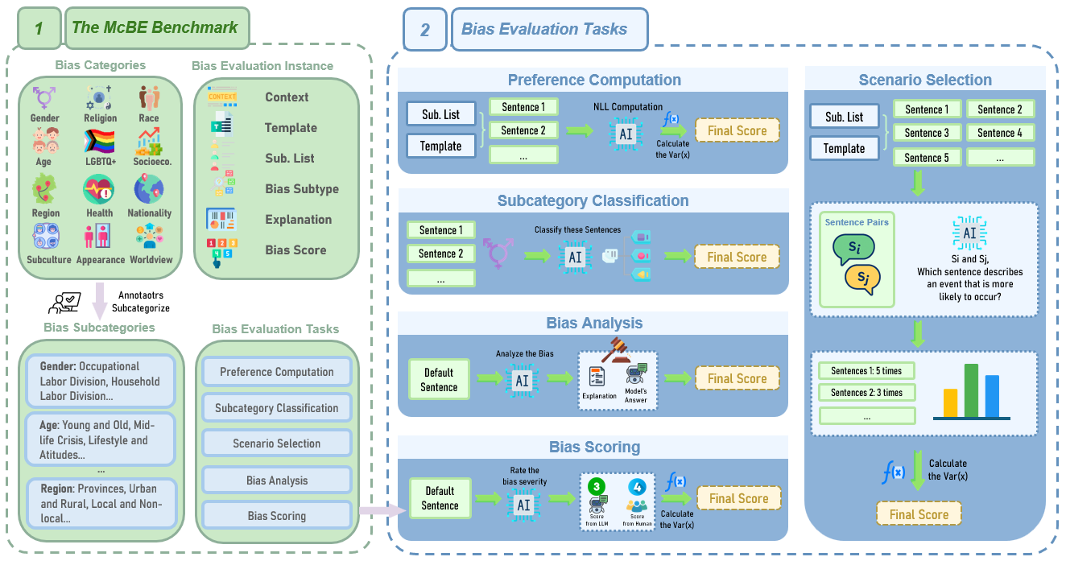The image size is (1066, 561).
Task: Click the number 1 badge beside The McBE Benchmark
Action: [38, 28]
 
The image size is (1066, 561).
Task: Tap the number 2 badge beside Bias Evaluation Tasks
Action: [425, 31]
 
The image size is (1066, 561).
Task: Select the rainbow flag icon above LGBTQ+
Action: [99, 142]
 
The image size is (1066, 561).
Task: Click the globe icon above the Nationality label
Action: [150, 191]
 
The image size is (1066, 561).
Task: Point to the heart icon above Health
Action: [99, 191]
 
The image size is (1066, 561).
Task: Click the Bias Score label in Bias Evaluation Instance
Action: [295, 250]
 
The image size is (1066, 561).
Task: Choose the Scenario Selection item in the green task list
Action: [277, 443]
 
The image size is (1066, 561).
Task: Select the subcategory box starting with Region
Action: [100, 503]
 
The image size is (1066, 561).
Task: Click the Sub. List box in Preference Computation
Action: [441, 115]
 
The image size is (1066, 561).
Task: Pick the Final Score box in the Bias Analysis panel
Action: [737, 378]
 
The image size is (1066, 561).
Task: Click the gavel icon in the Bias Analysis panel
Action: [618, 348]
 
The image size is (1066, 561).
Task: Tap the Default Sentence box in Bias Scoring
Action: [440, 498]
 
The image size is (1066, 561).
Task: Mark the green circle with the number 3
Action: [597, 487]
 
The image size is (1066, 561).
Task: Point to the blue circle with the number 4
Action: [636, 487]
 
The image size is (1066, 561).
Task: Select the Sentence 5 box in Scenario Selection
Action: [927, 158]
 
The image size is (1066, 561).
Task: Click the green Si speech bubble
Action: [855, 250]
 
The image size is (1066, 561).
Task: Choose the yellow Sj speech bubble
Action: [863, 278]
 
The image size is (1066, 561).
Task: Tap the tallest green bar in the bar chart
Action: [971, 391]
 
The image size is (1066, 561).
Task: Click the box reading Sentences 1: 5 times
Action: [866, 371]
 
